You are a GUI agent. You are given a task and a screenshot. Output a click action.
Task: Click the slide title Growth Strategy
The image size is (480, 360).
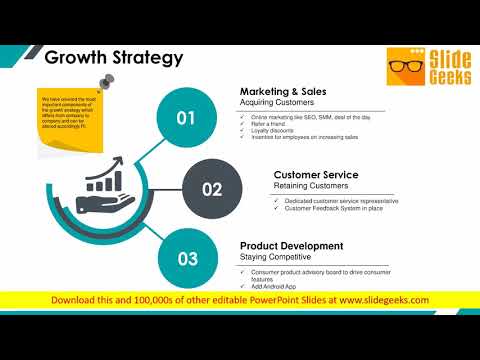click(114, 57)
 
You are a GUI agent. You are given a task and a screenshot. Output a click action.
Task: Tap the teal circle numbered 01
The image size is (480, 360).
click(186, 118)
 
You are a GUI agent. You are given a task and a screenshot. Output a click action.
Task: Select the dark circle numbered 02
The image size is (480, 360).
click(212, 188)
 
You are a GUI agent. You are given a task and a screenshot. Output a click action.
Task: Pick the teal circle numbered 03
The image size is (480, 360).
click(187, 258)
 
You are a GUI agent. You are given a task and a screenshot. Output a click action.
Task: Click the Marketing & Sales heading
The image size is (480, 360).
click(283, 92)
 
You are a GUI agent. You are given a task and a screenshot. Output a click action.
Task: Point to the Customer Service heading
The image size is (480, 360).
click(316, 175)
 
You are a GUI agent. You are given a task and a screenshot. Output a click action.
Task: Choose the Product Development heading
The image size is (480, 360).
click(292, 245)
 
